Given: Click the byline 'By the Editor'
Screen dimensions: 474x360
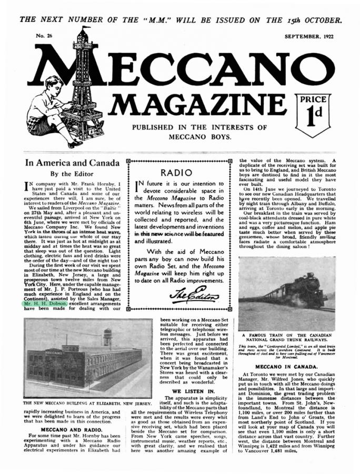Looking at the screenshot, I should [x=71, y=173].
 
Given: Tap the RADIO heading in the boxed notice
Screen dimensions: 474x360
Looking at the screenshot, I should [x=179, y=172].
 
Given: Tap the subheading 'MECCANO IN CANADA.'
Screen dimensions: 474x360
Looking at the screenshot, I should [x=286, y=366].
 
